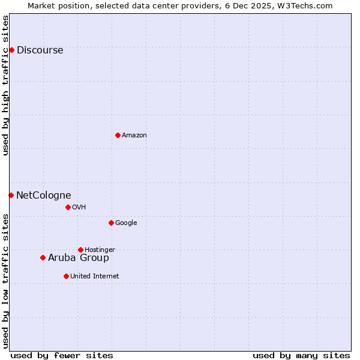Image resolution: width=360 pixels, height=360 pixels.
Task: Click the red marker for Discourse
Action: pyautogui.click(x=11, y=50)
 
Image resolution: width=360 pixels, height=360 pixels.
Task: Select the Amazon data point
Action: pyautogui.click(x=118, y=135)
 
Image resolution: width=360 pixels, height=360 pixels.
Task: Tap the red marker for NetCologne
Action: pyautogui.click(x=11, y=195)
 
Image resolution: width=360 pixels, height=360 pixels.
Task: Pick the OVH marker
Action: pyautogui.click(x=68, y=207)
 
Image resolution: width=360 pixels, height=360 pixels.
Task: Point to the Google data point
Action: pyautogui.click(x=111, y=223)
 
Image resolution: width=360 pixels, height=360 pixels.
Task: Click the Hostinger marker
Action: pyautogui.click(x=80, y=250)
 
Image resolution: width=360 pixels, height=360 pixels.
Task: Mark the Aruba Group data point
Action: pyautogui.click(x=43, y=257)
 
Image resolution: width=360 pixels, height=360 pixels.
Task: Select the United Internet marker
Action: pyautogui.click(x=66, y=276)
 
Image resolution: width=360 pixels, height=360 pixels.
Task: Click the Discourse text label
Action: pyautogui.click(x=40, y=50)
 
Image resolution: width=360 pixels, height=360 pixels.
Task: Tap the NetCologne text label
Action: pyautogui.click(x=43, y=195)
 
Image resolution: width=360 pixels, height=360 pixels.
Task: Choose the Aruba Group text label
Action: pyautogui.click(x=79, y=257)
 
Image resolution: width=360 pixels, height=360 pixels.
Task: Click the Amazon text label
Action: pyautogui.click(x=134, y=135)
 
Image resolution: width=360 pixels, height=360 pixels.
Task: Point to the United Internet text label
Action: pyautogui.click(x=95, y=276)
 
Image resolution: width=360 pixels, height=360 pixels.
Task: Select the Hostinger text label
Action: pyautogui.click(x=100, y=250)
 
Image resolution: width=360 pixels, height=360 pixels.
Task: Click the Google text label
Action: pyautogui.click(x=126, y=223)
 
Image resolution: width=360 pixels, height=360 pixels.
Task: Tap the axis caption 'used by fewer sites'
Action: pyautogui.click(x=62, y=355)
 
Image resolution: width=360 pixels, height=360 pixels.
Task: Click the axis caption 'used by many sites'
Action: pyautogui.click(x=301, y=355)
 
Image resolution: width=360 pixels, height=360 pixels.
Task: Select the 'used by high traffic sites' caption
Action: pyautogui.click(x=6, y=85)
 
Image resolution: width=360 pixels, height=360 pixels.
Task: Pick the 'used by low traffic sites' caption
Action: pyautogui.click(x=6, y=281)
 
